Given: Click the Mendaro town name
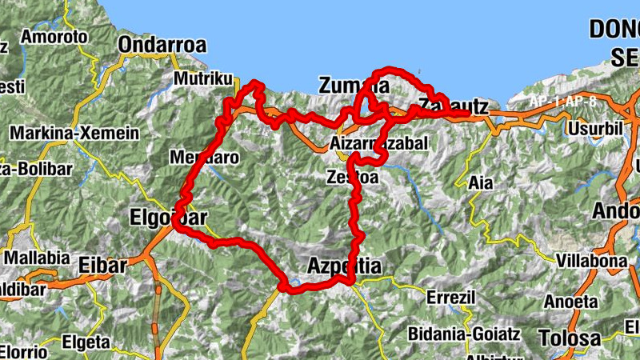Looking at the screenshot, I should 204,158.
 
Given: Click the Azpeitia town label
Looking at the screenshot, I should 345,266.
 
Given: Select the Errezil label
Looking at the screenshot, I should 451,298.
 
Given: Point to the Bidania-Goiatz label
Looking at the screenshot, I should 464,333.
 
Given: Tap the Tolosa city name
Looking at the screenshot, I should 570,338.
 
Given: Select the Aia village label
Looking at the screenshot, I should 481,182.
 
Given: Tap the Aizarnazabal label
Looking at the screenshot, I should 379,144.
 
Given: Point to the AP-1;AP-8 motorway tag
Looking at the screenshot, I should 563,102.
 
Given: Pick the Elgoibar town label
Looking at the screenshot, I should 168,217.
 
